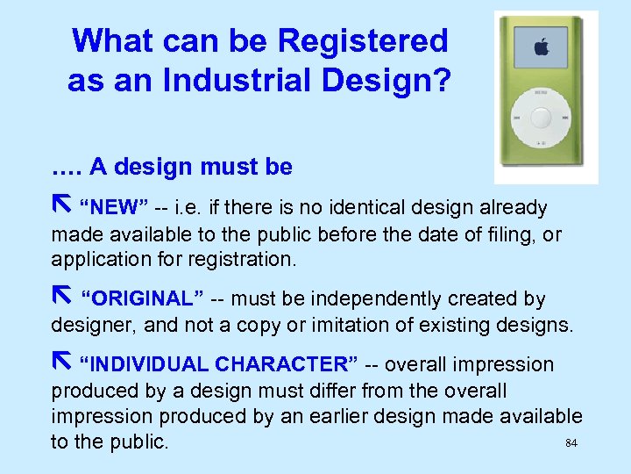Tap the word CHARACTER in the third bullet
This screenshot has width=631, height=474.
click(286, 364)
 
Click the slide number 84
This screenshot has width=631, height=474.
click(571, 443)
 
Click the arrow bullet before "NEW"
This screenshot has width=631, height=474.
click(60, 206)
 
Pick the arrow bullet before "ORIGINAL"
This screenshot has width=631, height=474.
click(60, 298)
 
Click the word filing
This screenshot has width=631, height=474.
click(510, 234)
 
